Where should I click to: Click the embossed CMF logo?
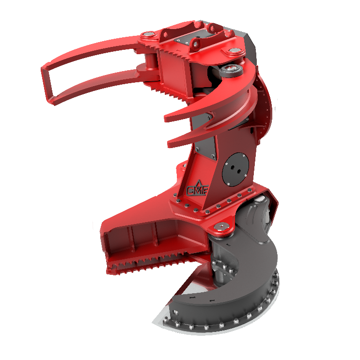point(198,189)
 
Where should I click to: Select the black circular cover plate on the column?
point(235,169)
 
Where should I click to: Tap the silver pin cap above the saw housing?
point(221,226)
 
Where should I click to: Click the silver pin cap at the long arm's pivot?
point(148,35)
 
